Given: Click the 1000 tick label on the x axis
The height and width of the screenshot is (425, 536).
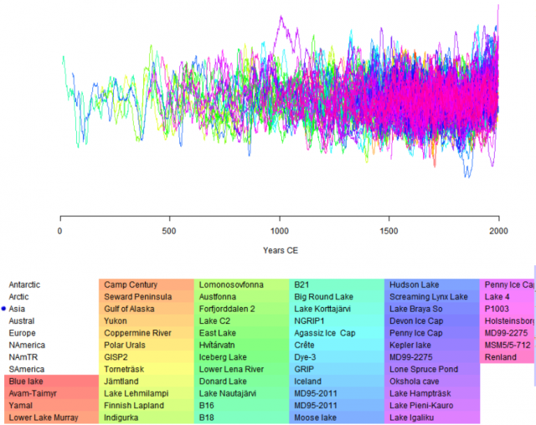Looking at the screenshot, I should click(x=280, y=230).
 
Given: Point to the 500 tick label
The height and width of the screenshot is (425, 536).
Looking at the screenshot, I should click(x=170, y=230).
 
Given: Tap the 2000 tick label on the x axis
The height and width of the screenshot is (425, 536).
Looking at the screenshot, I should click(x=498, y=230).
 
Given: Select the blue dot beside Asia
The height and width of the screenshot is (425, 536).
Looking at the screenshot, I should click(x=3, y=309).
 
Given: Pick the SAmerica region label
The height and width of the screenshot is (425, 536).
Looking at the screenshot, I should click(x=27, y=369).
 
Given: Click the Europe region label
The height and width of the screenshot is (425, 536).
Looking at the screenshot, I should click(x=22, y=333).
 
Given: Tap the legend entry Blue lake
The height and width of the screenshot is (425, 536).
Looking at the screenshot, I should click(x=27, y=381).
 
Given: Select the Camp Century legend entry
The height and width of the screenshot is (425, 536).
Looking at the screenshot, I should click(x=131, y=284).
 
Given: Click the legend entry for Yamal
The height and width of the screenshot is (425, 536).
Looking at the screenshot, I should click(x=21, y=405).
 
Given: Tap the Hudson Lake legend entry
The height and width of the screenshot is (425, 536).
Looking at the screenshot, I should click(x=415, y=284).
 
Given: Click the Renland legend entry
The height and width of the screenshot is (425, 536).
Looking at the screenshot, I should click(x=501, y=357).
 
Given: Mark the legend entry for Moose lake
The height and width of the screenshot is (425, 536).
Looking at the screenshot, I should click(x=317, y=417).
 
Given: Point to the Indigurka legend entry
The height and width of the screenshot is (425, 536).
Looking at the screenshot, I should click(x=123, y=417).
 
